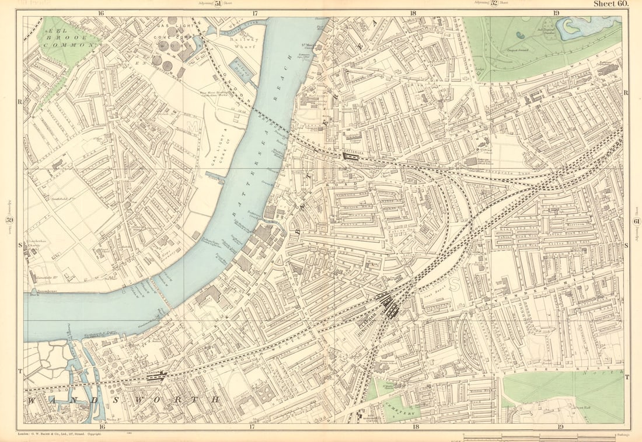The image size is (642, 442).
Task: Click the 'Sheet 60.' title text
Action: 610,4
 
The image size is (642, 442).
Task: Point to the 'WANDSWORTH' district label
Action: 123,399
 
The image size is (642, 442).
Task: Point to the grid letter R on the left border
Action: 20,101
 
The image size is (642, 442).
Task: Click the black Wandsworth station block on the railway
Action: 156,377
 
